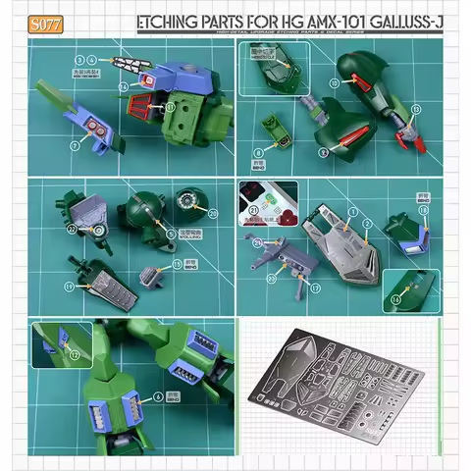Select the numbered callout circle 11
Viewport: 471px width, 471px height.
(x=170, y=107)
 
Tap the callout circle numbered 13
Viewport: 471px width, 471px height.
(x=123, y=86)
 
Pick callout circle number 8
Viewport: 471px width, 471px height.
(x=258, y=153)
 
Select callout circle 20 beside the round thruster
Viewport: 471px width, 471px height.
(x=214, y=213)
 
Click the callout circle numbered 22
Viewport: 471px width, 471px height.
(x=73, y=230)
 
